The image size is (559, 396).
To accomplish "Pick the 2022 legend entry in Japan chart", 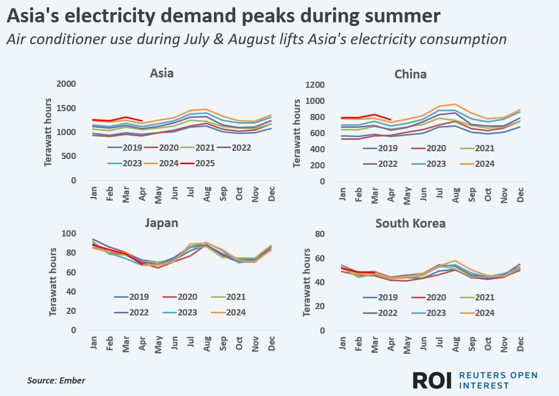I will pos(132,312).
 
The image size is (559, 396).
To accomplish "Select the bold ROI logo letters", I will pos(432,380).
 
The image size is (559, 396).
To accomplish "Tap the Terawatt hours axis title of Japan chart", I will pos(53,282).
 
